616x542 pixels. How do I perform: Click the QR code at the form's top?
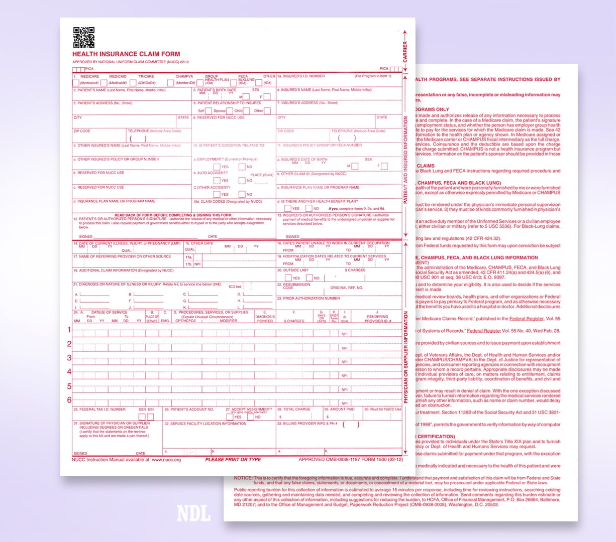84,37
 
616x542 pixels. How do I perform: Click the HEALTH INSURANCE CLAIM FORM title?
126,54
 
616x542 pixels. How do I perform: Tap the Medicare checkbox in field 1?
76,83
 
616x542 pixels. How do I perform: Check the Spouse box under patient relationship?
230,110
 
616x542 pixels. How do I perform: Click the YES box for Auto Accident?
217,181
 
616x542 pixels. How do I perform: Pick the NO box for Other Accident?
242,194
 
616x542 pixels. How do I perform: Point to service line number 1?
69,330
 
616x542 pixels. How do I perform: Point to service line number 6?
69,400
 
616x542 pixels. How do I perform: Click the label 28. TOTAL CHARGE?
294,410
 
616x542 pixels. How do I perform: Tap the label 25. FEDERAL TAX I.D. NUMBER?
99,410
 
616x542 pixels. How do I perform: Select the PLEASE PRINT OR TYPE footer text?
233,460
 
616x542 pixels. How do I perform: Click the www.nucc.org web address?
166,460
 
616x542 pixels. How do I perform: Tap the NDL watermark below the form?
193,513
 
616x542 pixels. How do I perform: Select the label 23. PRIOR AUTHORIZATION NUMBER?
309,299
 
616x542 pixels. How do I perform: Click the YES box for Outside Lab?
288,278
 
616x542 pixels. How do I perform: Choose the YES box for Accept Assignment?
230,417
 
